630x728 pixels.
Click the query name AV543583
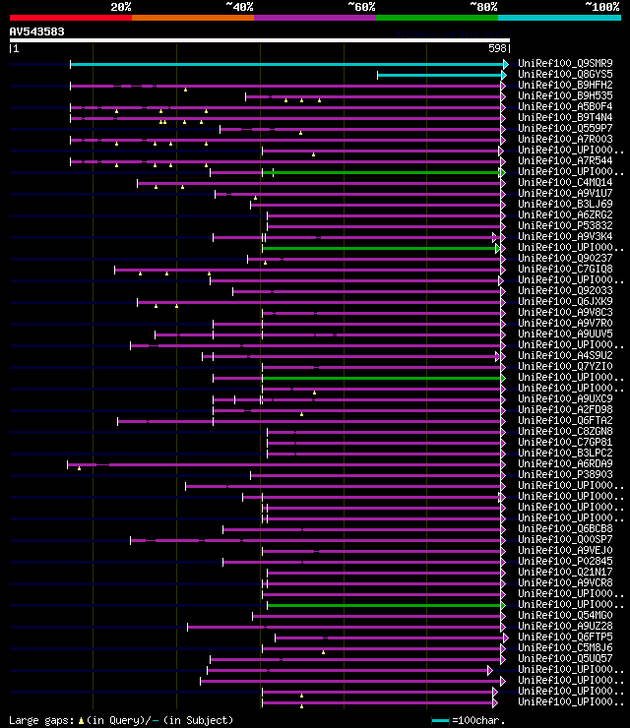pyautogui.click(x=37, y=31)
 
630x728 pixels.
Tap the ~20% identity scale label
pyautogui.click(x=120, y=6)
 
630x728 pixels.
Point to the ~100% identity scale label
pyautogui.click(x=601, y=6)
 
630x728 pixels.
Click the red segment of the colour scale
pyautogui.click(x=70, y=17)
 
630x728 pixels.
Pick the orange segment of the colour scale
pyautogui.click(x=192, y=17)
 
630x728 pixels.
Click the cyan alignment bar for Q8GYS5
pyautogui.click(x=440, y=75)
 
